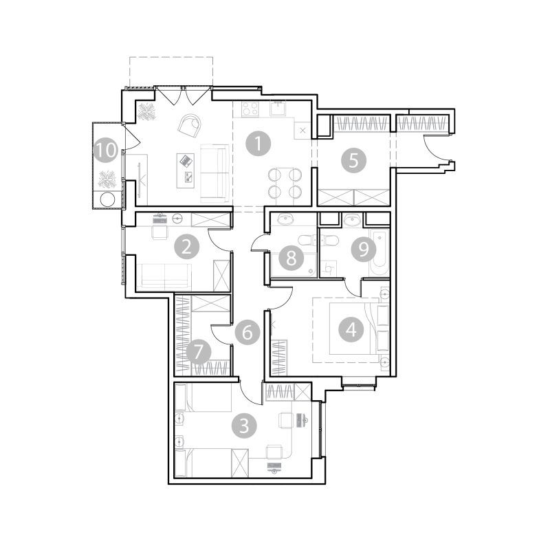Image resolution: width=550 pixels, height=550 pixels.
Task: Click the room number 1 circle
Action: (258, 144)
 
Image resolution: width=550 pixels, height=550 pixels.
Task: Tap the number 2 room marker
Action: (186, 247)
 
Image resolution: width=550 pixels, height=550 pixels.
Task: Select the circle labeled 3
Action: (244, 426)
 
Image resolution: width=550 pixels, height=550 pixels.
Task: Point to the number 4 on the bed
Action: (351, 329)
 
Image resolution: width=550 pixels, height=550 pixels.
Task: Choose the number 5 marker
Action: (353, 160)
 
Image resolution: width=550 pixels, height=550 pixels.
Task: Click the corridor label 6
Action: (247, 332)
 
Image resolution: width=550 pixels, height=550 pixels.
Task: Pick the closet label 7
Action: (199, 352)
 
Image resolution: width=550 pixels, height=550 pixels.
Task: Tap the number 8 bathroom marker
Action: (291, 258)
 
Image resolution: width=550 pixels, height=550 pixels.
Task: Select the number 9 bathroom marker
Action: (364, 249)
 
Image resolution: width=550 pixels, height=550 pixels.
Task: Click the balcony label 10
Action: (106, 151)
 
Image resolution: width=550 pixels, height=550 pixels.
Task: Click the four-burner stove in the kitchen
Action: (250, 108)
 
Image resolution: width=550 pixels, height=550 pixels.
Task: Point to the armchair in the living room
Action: (190, 126)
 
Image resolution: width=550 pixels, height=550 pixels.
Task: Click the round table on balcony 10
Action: (107, 199)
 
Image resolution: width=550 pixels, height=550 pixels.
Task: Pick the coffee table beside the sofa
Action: (186, 170)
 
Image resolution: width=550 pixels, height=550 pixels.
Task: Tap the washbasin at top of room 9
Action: (352, 220)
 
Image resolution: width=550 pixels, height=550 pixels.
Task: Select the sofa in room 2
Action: (164, 277)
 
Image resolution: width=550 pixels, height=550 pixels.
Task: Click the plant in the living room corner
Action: (146, 112)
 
